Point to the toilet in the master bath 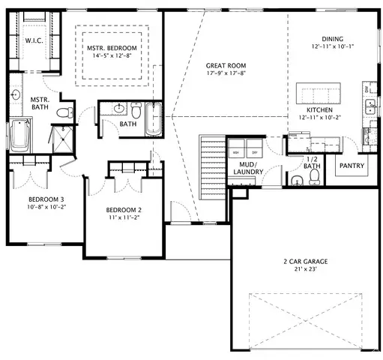66,113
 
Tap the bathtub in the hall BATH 153,118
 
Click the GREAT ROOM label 226,65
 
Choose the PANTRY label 352,164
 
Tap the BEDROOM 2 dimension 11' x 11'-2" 124,217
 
